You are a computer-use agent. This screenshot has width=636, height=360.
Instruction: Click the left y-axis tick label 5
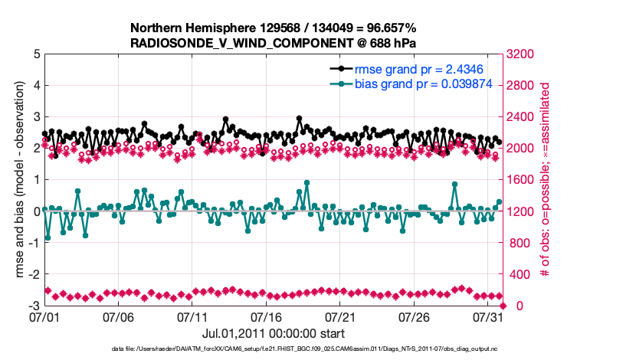[36, 54]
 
